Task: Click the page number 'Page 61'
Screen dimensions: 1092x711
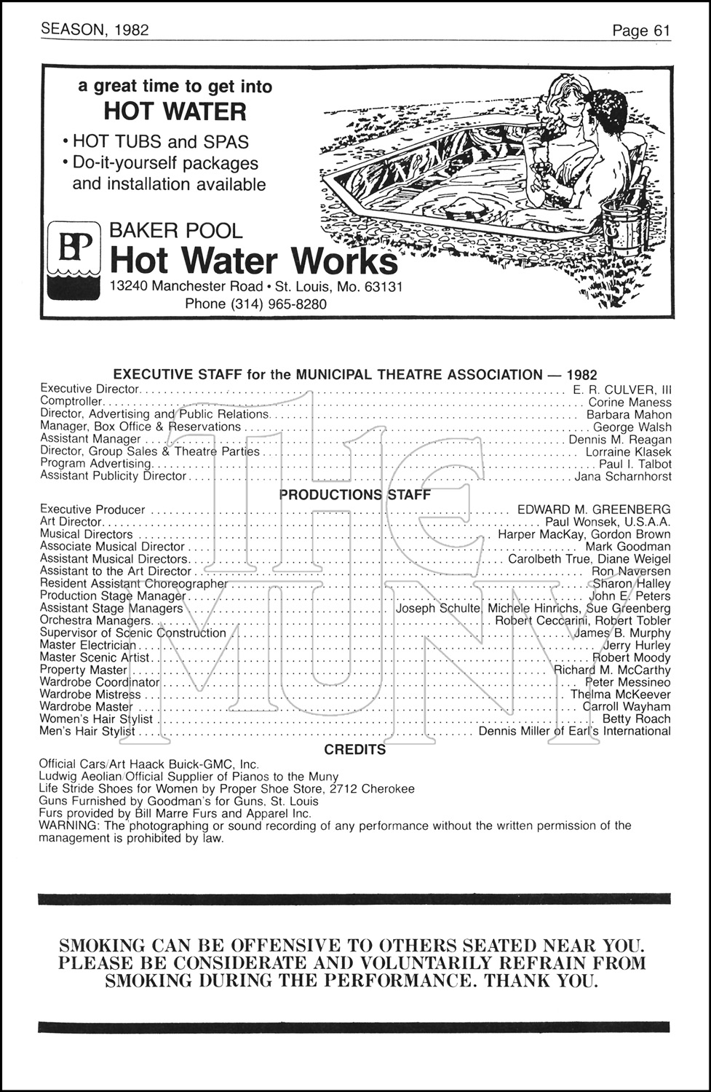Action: (640, 31)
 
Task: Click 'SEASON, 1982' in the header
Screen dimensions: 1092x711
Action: (95, 29)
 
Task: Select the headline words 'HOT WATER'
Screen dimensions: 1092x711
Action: (175, 112)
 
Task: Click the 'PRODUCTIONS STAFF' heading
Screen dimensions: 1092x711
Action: (355, 495)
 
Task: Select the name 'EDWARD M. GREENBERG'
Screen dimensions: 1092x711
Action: (594, 510)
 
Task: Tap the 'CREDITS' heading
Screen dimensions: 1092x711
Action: (355, 749)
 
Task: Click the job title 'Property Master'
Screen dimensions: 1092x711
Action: (84, 670)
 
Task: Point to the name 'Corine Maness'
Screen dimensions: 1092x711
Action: (629, 402)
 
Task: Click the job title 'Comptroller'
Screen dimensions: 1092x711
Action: (71, 401)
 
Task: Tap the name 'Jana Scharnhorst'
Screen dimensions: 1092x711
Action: (623, 476)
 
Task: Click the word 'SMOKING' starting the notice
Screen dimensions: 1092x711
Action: (102, 946)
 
